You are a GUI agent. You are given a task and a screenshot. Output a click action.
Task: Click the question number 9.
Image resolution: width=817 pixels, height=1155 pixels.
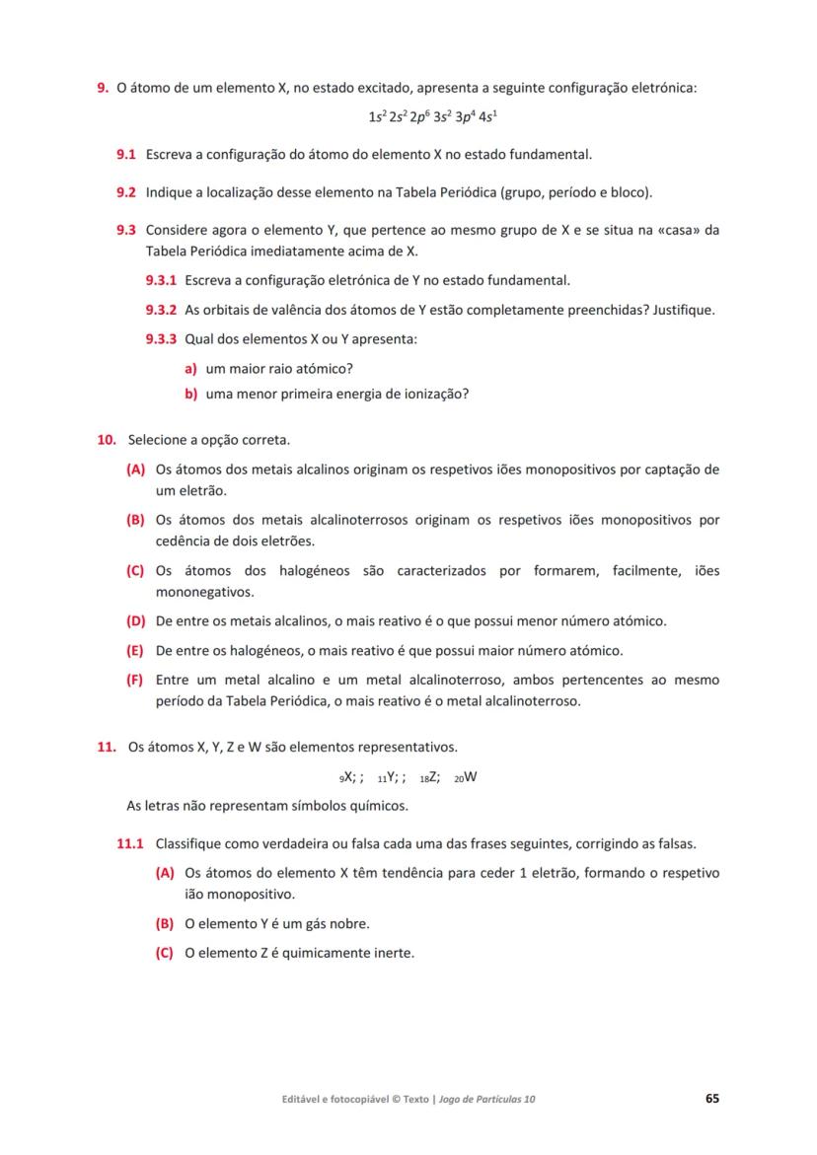pos(102,89)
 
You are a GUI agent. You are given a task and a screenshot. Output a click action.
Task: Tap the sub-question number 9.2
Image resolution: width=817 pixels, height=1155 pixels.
pos(125,191)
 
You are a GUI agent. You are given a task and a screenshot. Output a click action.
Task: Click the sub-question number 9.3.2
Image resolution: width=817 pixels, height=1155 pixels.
pos(161,310)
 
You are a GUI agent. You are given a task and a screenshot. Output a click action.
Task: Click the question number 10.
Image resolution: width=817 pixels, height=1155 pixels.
pos(107,439)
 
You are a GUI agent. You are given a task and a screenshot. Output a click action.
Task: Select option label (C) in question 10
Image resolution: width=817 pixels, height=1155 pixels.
pos(136,571)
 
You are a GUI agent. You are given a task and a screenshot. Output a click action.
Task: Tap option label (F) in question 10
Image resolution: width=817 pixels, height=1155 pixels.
pos(135,681)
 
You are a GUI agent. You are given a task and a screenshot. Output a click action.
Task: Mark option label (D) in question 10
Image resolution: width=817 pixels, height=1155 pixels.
pos(136,622)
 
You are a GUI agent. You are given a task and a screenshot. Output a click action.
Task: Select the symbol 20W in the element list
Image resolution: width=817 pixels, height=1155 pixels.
pos(466,776)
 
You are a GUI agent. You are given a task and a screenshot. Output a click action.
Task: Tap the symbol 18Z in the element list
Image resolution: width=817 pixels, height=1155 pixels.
pos(430,776)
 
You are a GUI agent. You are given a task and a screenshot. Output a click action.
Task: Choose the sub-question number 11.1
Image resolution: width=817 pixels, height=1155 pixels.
pos(131,844)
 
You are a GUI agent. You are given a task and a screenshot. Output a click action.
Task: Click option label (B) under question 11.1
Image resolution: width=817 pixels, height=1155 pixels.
pos(165,924)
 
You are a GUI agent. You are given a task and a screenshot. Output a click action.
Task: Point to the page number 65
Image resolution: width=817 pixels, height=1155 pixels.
pos(711,1098)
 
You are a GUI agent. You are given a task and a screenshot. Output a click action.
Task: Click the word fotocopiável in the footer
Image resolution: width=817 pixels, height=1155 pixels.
pos(352,1099)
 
